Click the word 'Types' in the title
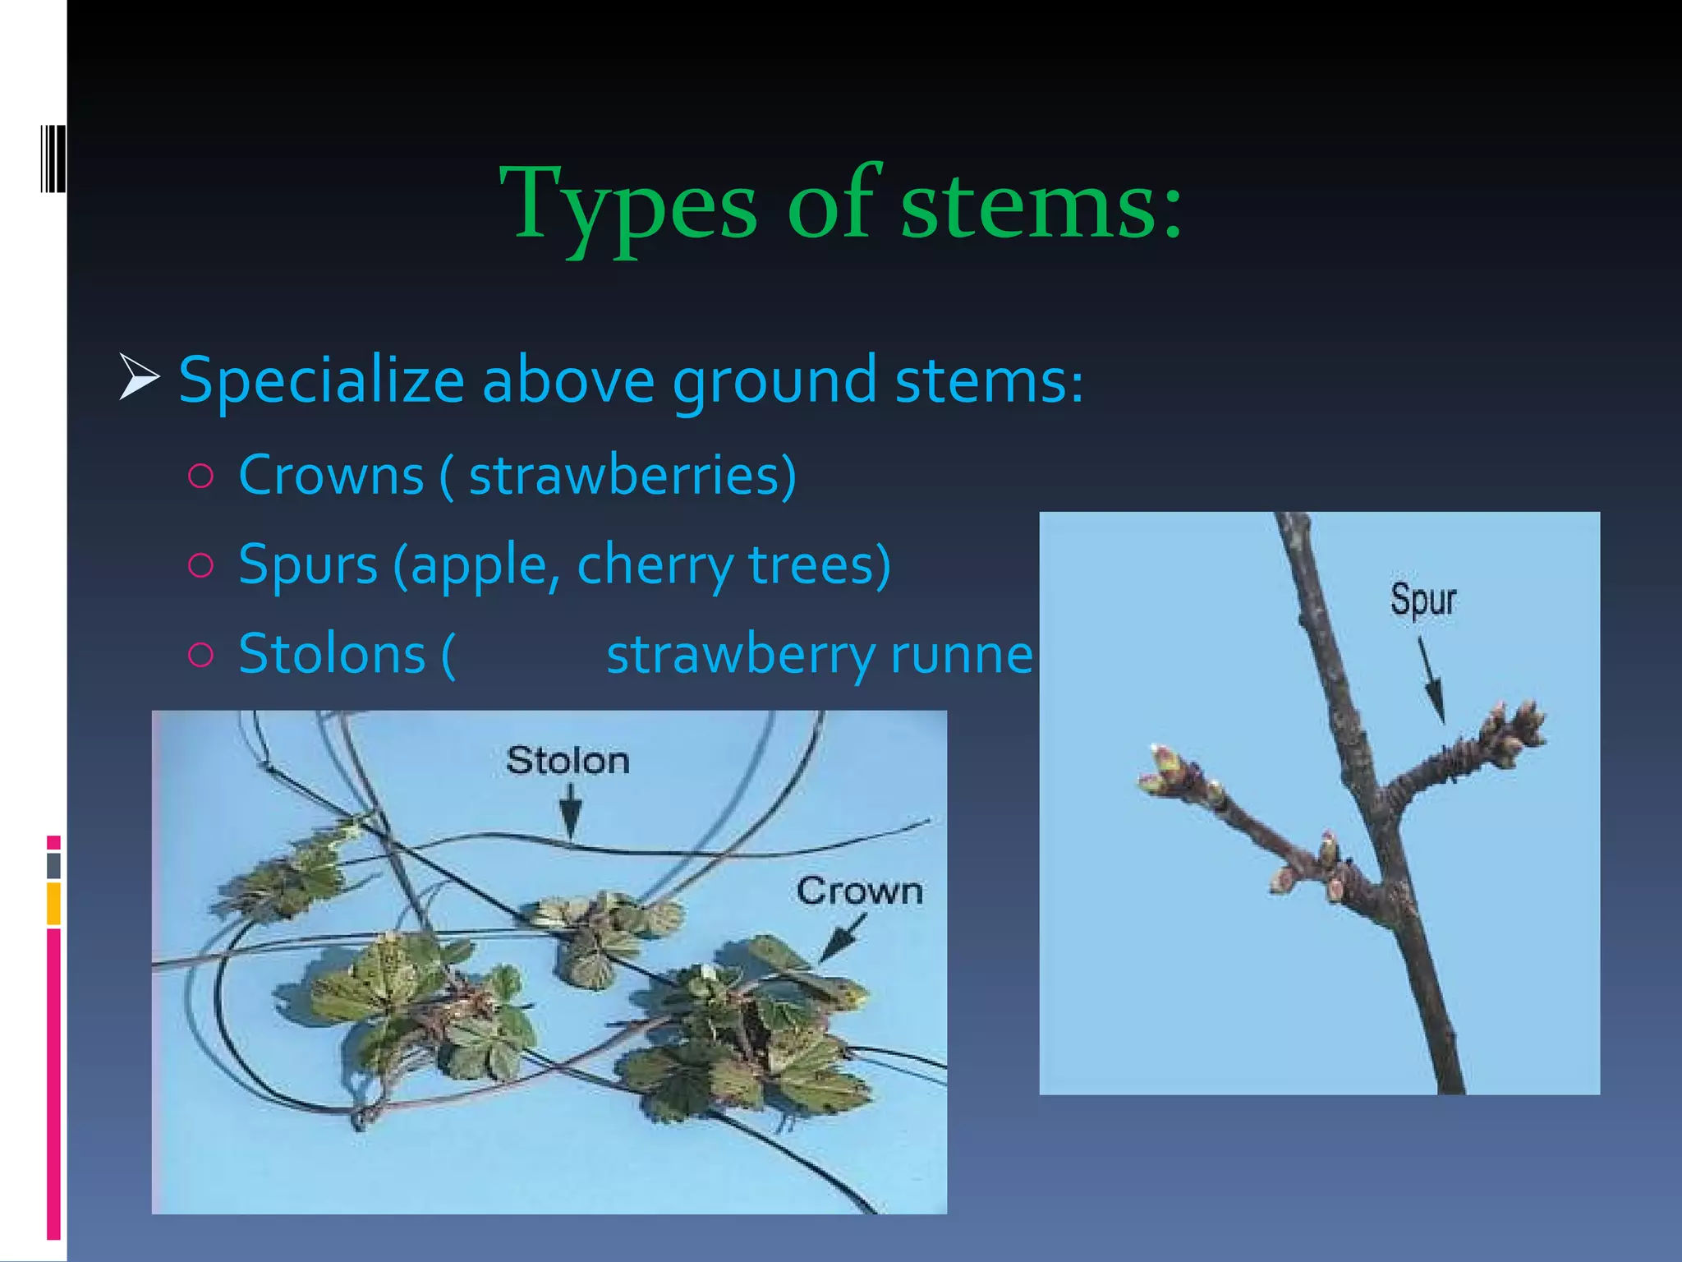(x=628, y=205)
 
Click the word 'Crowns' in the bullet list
(x=331, y=476)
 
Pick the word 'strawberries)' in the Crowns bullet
(x=632, y=476)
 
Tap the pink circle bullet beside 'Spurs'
(x=200, y=565)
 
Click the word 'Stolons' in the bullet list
(x=332, y=655)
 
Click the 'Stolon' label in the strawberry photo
(x=568, y=761)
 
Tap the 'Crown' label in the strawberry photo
(x=859, y=891)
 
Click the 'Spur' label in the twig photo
(x=1422, y=599)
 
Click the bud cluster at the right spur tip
(x=1512, y=730)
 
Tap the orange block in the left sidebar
(x=53, y=903)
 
